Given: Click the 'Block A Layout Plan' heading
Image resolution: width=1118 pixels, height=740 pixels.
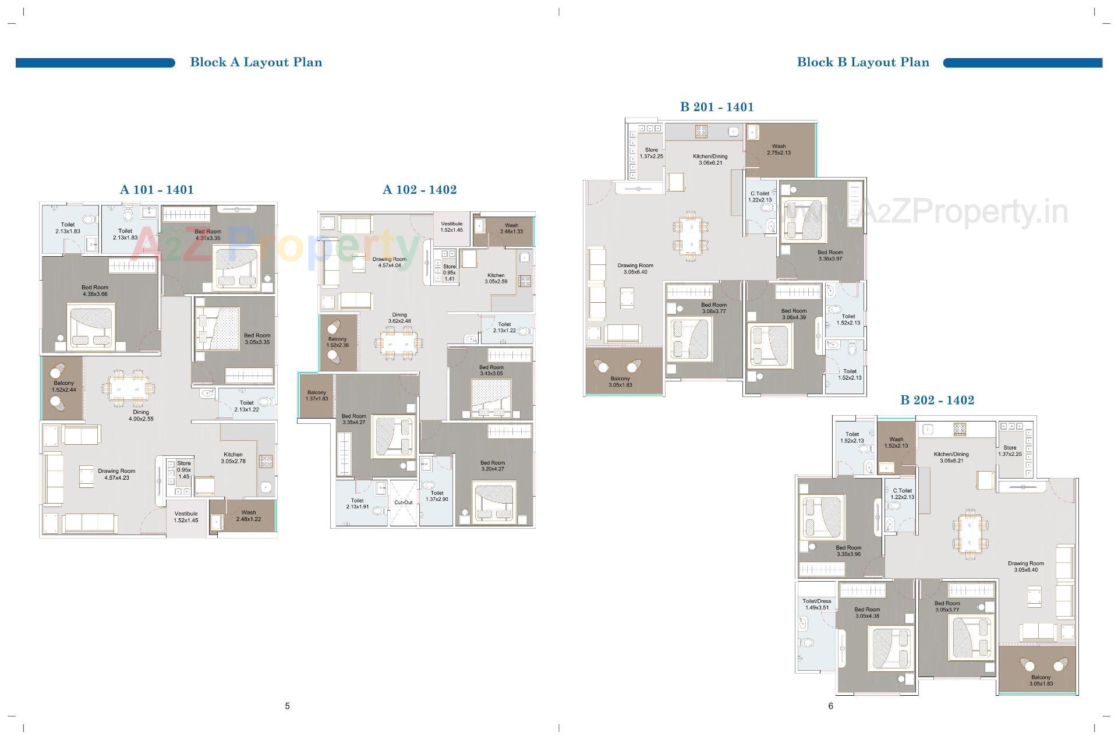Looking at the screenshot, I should (256, 62).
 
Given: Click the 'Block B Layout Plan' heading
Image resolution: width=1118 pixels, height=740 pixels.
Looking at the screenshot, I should (862, 62).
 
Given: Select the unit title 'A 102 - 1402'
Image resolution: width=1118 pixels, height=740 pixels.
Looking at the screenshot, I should (419, 190).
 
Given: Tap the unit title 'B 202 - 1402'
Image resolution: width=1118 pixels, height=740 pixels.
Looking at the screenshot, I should (936, 400).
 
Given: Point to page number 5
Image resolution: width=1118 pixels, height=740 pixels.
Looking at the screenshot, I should (287, 706).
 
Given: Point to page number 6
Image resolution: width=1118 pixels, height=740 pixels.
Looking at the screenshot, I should (830, 706).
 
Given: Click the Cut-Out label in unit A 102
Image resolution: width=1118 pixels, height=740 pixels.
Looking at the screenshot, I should (403, 502).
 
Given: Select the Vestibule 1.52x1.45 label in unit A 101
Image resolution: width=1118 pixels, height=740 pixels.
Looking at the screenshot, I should (186, 517).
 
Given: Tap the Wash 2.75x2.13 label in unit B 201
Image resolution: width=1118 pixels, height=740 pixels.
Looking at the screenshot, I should (779, 150).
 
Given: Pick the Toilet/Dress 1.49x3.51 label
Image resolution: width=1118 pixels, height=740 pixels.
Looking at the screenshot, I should (816, 604).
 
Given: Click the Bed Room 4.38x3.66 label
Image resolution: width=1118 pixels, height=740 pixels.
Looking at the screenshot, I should (94, 291).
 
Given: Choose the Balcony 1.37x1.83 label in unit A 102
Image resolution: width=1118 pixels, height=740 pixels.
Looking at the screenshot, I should (317, 395).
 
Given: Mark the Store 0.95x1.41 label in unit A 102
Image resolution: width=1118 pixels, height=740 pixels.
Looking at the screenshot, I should (449, 272).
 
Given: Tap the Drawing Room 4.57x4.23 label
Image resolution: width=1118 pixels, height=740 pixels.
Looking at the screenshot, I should (116, 475).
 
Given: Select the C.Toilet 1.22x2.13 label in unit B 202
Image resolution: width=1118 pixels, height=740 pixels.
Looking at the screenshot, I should (902, 494).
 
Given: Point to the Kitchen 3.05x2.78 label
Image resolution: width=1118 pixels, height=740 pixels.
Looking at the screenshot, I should (233, 458).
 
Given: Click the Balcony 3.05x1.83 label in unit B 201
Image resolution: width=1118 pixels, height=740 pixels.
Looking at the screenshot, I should (620, 381).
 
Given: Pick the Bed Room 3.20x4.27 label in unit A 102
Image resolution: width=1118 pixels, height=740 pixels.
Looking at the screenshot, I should (493, 466).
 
